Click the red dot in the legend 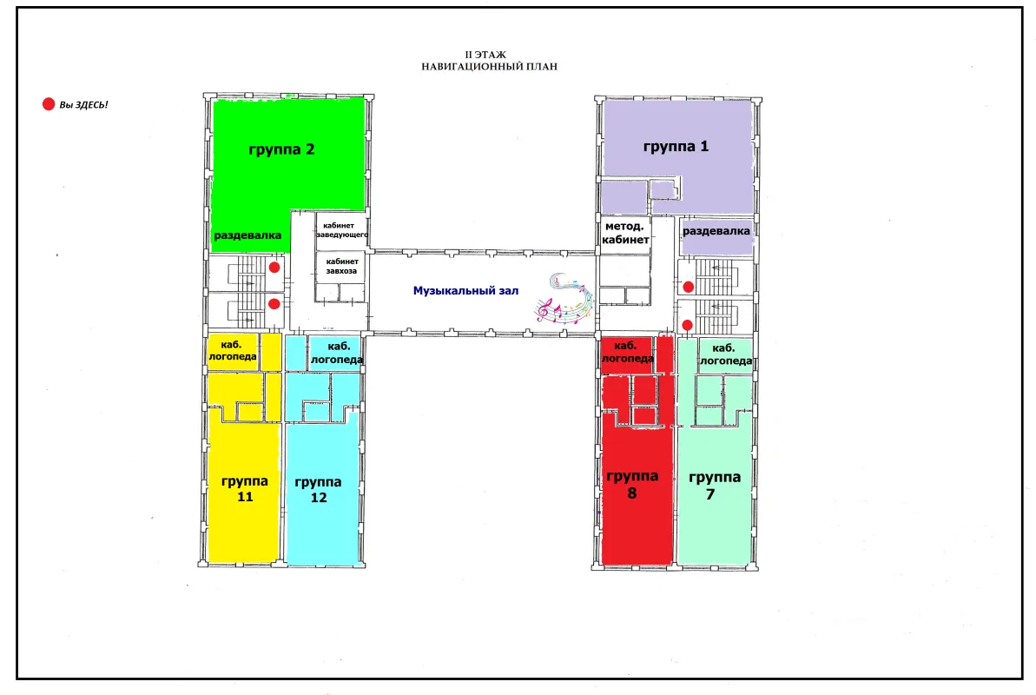(49, 104)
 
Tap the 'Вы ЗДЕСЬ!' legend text (83, 104)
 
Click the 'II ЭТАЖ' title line (485, 55)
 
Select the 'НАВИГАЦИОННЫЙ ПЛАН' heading (490, 66)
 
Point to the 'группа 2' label (281, 149)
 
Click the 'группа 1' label (676, 146)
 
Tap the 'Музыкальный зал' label (465, 290)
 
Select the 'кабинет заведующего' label (342, 230)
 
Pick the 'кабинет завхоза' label (341, 266)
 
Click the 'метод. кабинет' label (625, 233)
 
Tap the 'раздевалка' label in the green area (247, 235)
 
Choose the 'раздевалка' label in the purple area (716, 231)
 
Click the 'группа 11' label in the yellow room (245, 489)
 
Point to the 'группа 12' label (319, 490)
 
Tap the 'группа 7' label (714, 486)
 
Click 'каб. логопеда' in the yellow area (233, 350)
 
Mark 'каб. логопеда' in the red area (627, 352)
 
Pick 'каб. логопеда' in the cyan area (337, 353)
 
